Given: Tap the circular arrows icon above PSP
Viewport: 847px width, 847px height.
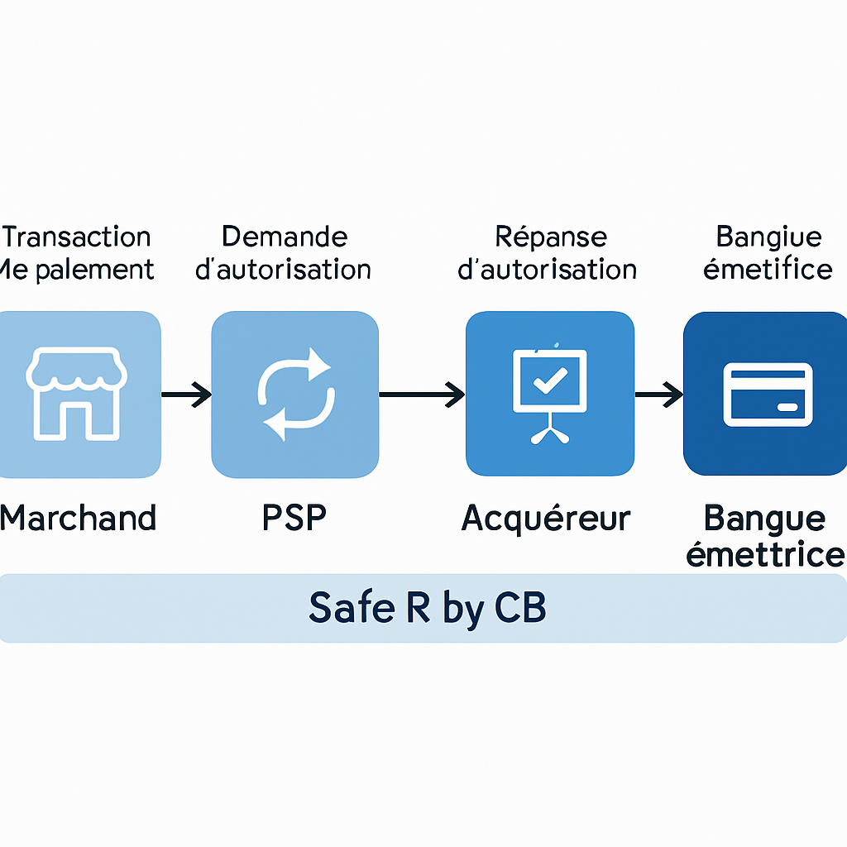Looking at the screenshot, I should click(x=295, y=393).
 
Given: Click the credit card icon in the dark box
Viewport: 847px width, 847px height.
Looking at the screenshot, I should click(x=767, y=394).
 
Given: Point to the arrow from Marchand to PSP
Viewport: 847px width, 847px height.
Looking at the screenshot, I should click(x=186, y=395).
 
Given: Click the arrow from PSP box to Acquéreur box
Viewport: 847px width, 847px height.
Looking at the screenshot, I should click(x=422, y=395).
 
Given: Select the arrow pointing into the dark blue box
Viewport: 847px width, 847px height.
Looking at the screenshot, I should click(x=658, y=395).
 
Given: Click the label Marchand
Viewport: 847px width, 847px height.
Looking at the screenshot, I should click(x=78, y=519).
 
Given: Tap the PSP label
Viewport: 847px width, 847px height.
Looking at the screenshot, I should click(x=294, y=518).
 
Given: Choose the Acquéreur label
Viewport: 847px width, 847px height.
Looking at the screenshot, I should click(x=546, y=519).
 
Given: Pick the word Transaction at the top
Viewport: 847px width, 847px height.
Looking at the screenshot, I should click(x=77, y=237).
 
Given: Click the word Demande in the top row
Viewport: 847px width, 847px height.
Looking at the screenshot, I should click(x=285, y=237).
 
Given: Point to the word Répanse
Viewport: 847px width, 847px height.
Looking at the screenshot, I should click(x=551, y=237).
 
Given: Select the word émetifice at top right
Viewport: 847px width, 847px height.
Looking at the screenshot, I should click(x=767, y=269).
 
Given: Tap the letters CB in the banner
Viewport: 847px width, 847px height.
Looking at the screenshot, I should click(x=520, y=608).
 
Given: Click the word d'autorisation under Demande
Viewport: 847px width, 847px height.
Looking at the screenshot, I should click(x=284, y=270).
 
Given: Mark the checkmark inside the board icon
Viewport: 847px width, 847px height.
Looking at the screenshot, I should click(x=549, y=379).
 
